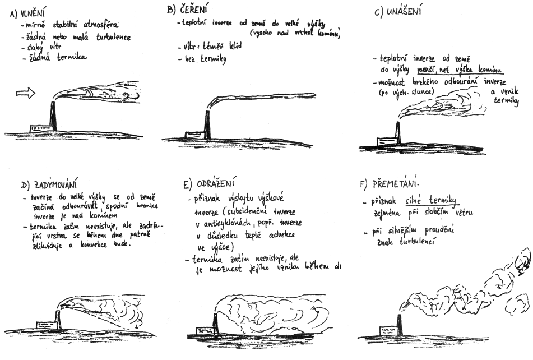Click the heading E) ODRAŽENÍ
212,183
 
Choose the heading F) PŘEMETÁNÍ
389,183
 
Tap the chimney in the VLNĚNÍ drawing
53,116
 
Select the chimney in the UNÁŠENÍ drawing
398,133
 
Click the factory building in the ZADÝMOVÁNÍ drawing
45,325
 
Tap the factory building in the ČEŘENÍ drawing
193,135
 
